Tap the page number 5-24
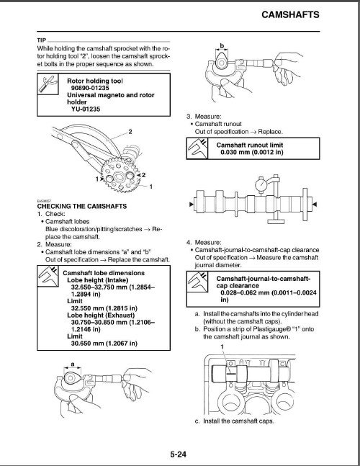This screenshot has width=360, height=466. click(x=180, y=454)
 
